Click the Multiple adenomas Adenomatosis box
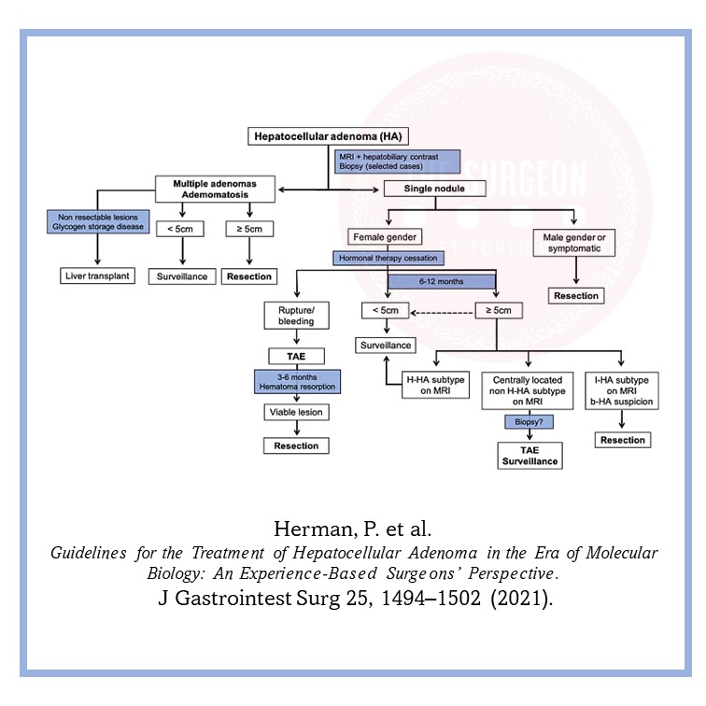click(x=214, y=189)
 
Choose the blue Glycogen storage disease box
click(x=96, y=221)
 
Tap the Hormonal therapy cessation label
click(x=386, y=258)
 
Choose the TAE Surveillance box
click(x=529, y=455)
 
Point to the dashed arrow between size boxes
click(x=444, y=311)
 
